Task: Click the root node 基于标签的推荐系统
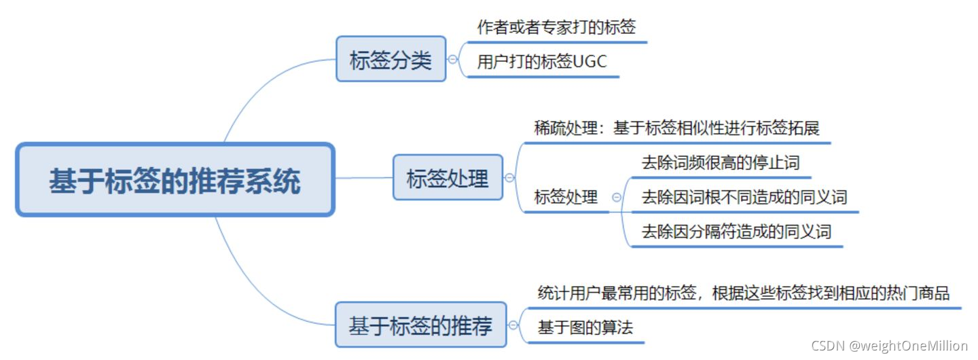175,180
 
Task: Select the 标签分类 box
391,59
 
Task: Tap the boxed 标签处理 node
448,178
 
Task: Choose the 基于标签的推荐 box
420,325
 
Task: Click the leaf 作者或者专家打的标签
556,28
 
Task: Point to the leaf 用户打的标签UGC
542,62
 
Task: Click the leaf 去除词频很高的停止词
720,163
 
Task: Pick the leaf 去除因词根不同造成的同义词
744,198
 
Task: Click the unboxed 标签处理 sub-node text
566,198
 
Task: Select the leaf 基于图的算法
585,327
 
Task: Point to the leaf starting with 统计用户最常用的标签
743,293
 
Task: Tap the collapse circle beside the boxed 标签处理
509,178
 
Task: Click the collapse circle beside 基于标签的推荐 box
514,325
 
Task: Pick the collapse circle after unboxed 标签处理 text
616,198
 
